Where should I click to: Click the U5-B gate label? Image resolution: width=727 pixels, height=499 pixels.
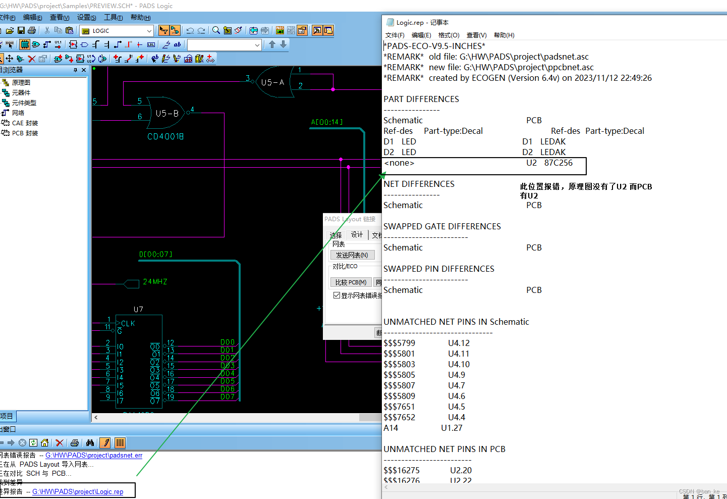(x=167, y=114)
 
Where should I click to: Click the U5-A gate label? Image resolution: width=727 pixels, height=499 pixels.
(x=272, y=82)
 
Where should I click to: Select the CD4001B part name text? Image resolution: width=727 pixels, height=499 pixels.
(x=165, y=136)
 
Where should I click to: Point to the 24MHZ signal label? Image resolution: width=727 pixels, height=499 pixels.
(x=155, y=282)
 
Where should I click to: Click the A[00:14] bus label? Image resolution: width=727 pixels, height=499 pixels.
(x=327, y=122)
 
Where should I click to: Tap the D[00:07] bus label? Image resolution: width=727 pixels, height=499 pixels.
(x=156, y=255)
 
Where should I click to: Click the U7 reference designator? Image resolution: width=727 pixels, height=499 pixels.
(x=138, y=309)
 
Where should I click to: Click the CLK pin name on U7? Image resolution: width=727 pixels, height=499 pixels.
(x=128, y=323)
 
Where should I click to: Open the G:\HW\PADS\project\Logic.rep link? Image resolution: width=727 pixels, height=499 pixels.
(x=78, y=491)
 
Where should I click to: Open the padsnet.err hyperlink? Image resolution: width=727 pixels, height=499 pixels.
(x=94, y=455)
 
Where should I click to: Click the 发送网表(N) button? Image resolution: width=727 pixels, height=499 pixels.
(x=352, y=255)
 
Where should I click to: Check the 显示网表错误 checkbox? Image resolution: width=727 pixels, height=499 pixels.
(x=337, y=295)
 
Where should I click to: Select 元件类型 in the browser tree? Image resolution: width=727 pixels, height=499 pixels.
(x=24, y=103)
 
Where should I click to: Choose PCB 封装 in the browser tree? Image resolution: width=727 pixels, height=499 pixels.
(x=25, y=133)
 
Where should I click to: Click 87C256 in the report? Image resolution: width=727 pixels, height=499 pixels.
(x=558, y=163)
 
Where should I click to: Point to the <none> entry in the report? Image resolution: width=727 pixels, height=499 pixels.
(x=399, y=163)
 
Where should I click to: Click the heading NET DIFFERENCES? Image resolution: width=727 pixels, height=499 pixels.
(x=419, y=184)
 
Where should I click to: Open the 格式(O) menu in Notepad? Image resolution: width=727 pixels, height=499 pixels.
(x=449, y=35)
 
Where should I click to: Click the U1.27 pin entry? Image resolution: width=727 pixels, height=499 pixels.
(x=452, y=428)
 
